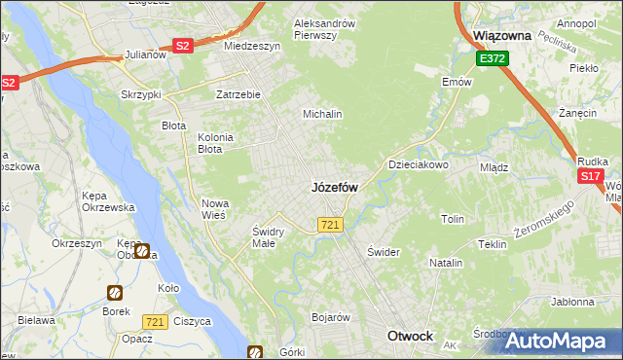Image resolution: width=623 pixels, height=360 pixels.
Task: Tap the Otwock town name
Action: tap(410, 336)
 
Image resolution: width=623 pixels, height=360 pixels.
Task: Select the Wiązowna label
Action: tap(501, 35)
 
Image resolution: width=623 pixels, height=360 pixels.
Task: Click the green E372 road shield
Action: tap(492, 59)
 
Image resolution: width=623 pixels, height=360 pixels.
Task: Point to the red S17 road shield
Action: tap(590, 176)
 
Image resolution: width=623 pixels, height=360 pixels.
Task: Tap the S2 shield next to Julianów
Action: tap(183, 45)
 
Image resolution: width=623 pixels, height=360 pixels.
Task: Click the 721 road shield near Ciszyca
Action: tap(154, 321)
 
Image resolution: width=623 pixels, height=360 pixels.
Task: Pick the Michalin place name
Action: tap(323, 114)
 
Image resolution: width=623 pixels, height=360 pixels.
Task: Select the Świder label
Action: tap(384, 252)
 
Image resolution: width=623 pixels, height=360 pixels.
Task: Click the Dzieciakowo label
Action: tap(419, 165)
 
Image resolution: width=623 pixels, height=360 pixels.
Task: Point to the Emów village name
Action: tap(456, 83)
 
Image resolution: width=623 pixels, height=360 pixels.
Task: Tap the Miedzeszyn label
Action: tap(252, 46)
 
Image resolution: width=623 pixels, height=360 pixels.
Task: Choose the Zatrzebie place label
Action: tap(238, 95)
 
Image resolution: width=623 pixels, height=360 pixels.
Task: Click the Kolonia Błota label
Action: tap(215, 143)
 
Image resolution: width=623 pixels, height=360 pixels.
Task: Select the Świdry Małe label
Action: tap(268, 236)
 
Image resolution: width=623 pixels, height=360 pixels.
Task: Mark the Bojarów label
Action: tap(330, 317)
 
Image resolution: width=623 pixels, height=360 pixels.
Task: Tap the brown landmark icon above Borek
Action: tap(114, 292)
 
